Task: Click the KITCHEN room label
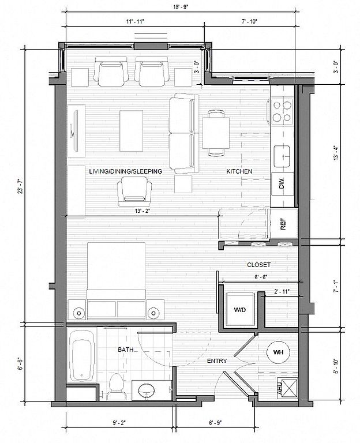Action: (239, 171)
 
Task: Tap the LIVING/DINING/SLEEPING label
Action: (126, 171)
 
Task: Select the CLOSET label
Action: (258, 265)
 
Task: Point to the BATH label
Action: (125, 350)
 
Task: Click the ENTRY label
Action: (217, 361)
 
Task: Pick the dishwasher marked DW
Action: (283, 184)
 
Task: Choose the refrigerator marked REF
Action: (284, 224)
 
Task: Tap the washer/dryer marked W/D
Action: (240, 309)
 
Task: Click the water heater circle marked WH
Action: (278, 352)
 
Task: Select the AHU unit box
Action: (287, 388)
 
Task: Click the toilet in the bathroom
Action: (116, 386)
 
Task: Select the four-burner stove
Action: (282, 111)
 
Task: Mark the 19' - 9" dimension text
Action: (181, 7)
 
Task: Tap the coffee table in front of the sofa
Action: (131, 131)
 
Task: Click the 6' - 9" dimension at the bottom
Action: (215, 423)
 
